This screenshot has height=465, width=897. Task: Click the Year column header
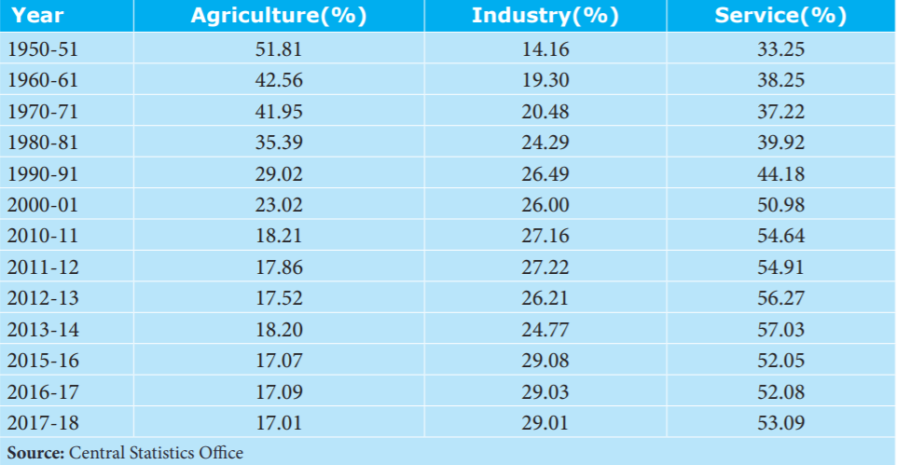[x=37, y=16]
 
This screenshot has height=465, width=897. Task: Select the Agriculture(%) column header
[x=279, y=16]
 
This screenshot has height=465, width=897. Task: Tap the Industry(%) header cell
[x=545, y=16]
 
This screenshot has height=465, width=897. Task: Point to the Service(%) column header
[x=780, y=16]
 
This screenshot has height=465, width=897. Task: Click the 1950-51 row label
[x=42, y=49]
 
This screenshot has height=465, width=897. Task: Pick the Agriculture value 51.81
[x=279, y=49]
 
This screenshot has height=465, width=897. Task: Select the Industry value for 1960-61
[x=545, y=80]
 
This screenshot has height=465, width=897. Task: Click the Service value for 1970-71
[x=780, y=112]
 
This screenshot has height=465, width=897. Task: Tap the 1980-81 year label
[x=42, y=143]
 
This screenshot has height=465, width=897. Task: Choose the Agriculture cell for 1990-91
[x=279, y=174]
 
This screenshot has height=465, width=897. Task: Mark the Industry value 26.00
[x=545, y=205]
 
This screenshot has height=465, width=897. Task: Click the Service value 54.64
[x=780, y=236]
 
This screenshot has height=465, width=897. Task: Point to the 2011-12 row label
[x=42, y=267]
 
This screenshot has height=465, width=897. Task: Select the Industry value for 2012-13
[x=545, y=298]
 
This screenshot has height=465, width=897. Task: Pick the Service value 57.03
[x=780, y=330]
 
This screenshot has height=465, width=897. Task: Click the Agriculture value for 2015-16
[x=279, y=361]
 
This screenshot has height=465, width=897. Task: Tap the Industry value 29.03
[x=545, y=391]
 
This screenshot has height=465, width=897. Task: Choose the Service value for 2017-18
[x=780, y=423]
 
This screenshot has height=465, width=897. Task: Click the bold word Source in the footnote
[x=35, y=453]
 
